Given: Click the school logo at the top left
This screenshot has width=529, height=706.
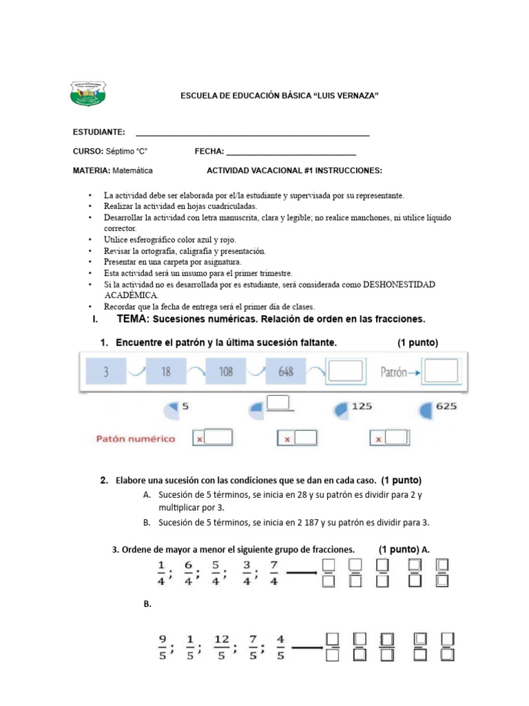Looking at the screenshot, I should (x=88, y=94).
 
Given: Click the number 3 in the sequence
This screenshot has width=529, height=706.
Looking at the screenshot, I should (x=106, y=372).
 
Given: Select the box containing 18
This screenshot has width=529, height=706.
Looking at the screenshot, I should (x=165, y=372).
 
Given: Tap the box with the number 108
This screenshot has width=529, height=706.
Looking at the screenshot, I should (x=225, y=372).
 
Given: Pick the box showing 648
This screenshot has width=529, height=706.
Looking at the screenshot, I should (x=285, y=372).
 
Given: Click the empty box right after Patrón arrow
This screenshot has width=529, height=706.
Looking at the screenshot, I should (x=441, y=372).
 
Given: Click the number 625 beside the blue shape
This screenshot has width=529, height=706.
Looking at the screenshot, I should (x=446, y=407).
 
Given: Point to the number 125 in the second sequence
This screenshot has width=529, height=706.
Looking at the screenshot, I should (x=362, y=407).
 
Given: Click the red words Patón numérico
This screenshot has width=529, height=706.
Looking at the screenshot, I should (x=134, y=438).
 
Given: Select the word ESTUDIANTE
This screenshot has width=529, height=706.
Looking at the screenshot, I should (x=98, y=132).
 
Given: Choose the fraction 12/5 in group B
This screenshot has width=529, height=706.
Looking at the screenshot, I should (x=221, y=648).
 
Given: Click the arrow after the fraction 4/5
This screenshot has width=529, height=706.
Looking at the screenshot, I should (x=307, y=647).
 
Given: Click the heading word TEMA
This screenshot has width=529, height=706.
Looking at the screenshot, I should (x=133, y=319).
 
